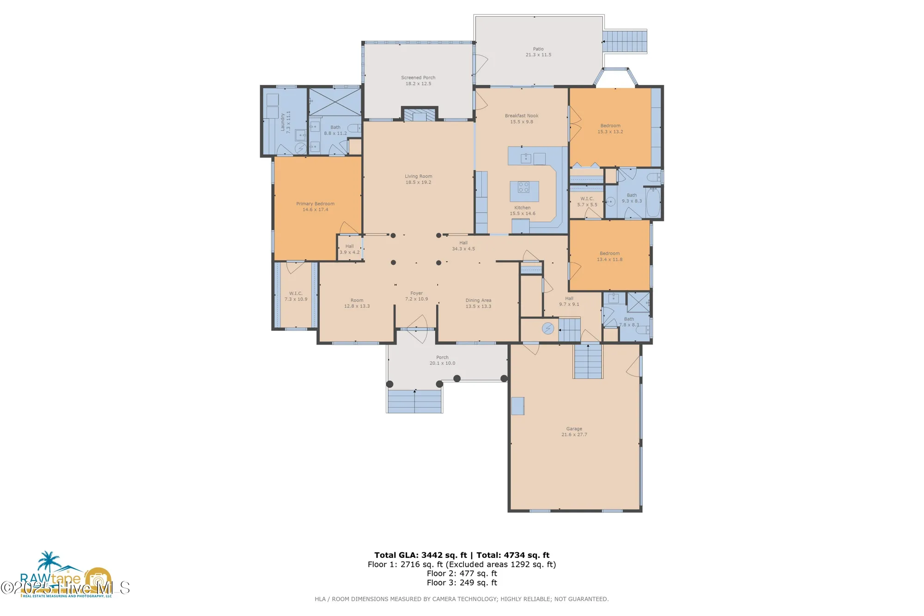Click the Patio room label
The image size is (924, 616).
[538, 49]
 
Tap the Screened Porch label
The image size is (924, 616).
[418, 78]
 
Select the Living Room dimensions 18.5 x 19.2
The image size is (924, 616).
[418, 183]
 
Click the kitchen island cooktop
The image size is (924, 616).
[524, 187]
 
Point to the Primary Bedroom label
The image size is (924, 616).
[315, 204]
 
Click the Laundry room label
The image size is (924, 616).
[282, 122]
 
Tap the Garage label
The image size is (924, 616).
[574, 429]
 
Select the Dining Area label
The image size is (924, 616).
[478, 300]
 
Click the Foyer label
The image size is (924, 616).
[416, 293]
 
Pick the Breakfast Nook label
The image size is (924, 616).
[521, 116]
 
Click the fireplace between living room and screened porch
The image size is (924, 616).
[419, 115]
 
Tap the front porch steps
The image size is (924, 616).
[414, 401]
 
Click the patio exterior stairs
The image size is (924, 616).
[625, 42]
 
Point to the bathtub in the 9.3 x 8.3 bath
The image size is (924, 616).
[653, 202]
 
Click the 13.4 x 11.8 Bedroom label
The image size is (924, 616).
[609, 254]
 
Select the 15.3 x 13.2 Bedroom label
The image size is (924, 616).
[610, 126]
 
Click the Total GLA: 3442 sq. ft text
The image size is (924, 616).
[421, 555]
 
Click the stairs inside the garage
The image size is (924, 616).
[588, 362]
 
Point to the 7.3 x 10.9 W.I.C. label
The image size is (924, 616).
[296, 293]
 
